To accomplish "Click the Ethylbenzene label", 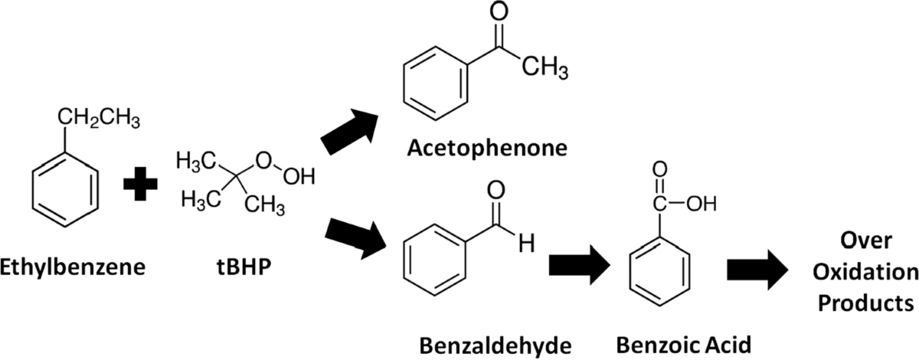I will pyautogui.click(x=73, y=269).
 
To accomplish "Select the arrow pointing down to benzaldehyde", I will pyautogui.click(x=355, y=235).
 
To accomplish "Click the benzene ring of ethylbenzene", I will pyautogui.click(x=66, y=188).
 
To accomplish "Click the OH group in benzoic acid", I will pyautogui.click(x=701, y=205).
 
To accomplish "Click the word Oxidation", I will pyautogui.click(x=865, y=273).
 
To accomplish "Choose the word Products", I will pyautogui.click(x=865, y=301).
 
